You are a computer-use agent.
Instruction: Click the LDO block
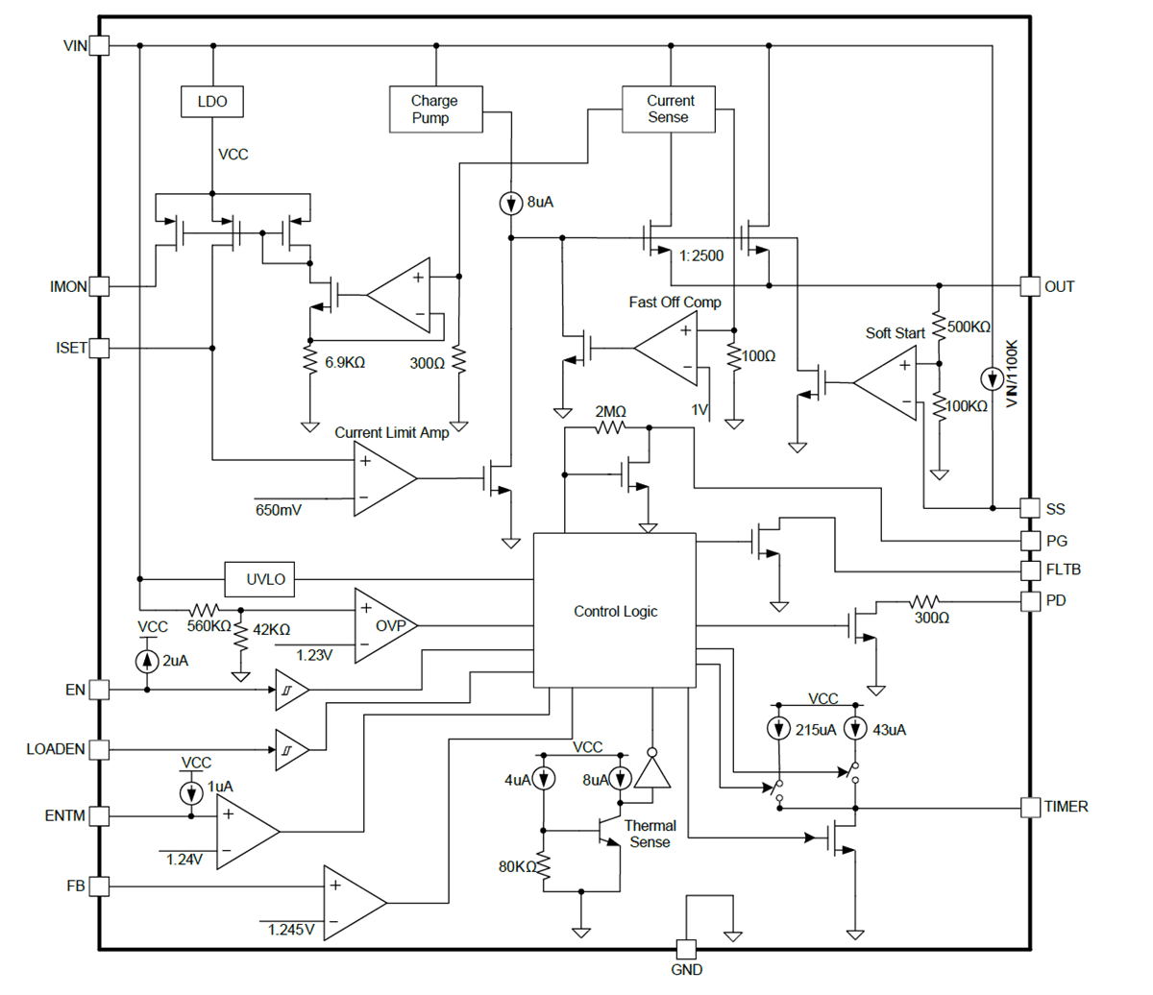click(212, 101)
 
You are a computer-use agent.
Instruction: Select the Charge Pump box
click(435, 109)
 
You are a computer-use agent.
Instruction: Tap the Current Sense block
click(669, 109)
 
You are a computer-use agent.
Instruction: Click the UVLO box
click(265, 579)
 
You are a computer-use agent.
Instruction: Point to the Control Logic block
click(615, 611)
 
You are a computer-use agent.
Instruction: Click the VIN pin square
click(100, 45)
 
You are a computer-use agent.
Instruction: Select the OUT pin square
click(1029, 286)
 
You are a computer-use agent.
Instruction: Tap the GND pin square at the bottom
click(686, 949)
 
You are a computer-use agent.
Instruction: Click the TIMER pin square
click(1030, 807)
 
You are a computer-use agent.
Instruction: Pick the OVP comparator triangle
click(384, 625)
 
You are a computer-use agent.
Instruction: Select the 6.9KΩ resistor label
click(345, 363)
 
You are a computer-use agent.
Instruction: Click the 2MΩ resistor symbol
click(611, 428)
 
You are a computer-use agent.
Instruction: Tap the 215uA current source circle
click(779, 729)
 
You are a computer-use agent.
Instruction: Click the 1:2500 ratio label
click(701, 255)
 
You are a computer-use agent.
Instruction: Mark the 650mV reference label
click(279, 510)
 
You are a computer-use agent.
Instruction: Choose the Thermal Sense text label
click(650, 834)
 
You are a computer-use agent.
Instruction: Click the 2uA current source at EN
click(147, 661)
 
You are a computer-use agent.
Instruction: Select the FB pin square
click(100, 886)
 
